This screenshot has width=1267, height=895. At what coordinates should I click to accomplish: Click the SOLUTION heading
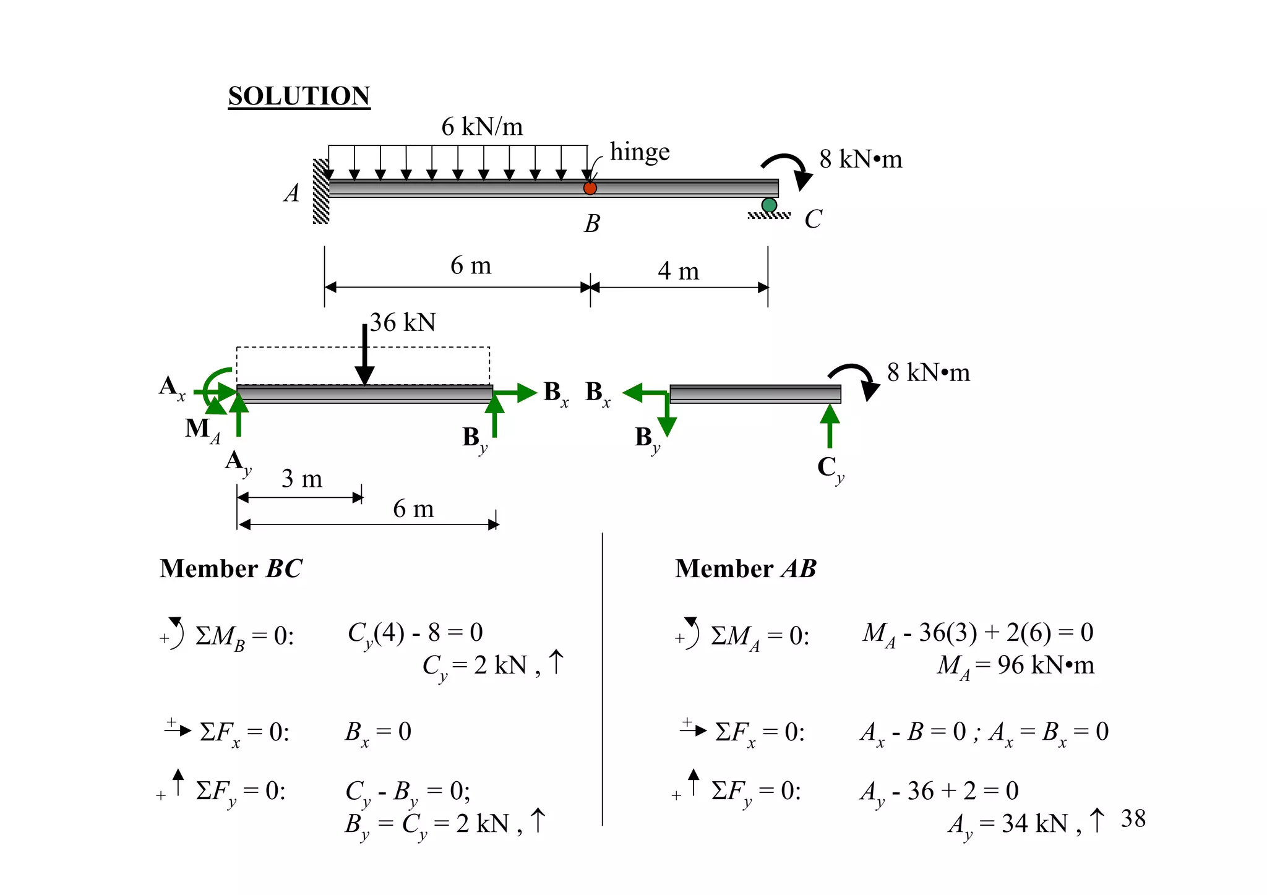(x=299, y=96)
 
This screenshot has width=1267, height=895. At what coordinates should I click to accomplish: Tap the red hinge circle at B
(x=590, y=188)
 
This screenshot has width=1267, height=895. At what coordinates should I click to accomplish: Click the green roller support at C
(x=769, y=205)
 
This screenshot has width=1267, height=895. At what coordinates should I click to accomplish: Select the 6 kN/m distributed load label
(x=482, y=127)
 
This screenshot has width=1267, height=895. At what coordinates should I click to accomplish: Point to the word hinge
(x=640, y=152)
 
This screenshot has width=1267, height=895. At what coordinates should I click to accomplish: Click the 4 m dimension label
(x=678, y=271)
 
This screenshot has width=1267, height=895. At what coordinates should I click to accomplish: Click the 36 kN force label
(x=403, y=322)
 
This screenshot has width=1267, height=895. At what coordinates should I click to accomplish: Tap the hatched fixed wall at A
(x=320, y=191)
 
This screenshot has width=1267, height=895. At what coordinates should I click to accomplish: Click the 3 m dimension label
(x=302, y=479)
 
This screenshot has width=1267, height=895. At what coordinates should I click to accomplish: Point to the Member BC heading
(x=231, y=568)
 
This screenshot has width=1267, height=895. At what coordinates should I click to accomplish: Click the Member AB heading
(x=745, y=568)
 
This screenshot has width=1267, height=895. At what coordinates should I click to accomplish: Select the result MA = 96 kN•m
(x=1015, y=666)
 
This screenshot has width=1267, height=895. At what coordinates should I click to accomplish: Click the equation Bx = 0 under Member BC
(x=378, y=732)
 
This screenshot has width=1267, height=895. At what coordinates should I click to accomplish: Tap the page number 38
(x=1133, y=819)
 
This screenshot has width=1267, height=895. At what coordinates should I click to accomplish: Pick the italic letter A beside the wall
(x=291, y=193)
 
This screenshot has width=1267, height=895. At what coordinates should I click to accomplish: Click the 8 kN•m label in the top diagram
(x=861, y=160)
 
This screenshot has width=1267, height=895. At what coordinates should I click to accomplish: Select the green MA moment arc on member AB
(x=213, y=387)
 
